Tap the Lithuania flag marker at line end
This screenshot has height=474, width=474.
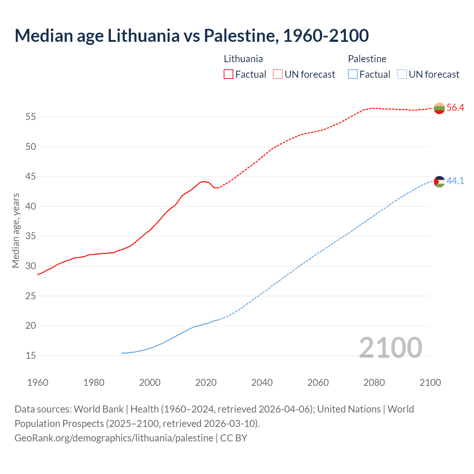coord(439,108)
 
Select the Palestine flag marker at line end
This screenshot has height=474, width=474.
coord(439,181)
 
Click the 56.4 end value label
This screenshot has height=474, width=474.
coord(455,108)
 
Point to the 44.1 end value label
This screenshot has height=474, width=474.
coord(455,181)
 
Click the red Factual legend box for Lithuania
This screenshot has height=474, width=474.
coord(228,74)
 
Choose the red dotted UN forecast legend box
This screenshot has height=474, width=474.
coord(278,74)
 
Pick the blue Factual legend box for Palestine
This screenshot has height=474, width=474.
coord(353,74)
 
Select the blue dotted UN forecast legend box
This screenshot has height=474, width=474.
coord(402,74)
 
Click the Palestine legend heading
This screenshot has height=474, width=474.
coord(367,59)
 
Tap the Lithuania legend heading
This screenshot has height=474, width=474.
coord(243,59)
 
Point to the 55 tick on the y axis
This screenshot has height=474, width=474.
coord(31,117)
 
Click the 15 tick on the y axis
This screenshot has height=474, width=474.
coord(31,356)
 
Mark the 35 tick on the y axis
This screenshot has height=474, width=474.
coord(31,236)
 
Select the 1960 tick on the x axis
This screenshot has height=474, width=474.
coord(38,383)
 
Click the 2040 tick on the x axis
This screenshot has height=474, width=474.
coord(262,383)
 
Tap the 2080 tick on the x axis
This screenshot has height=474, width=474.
coord(374,383)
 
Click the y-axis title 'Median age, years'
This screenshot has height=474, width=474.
coord(16,230)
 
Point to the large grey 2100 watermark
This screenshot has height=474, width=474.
coord(390,348)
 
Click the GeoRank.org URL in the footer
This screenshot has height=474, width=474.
coord(114,438)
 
